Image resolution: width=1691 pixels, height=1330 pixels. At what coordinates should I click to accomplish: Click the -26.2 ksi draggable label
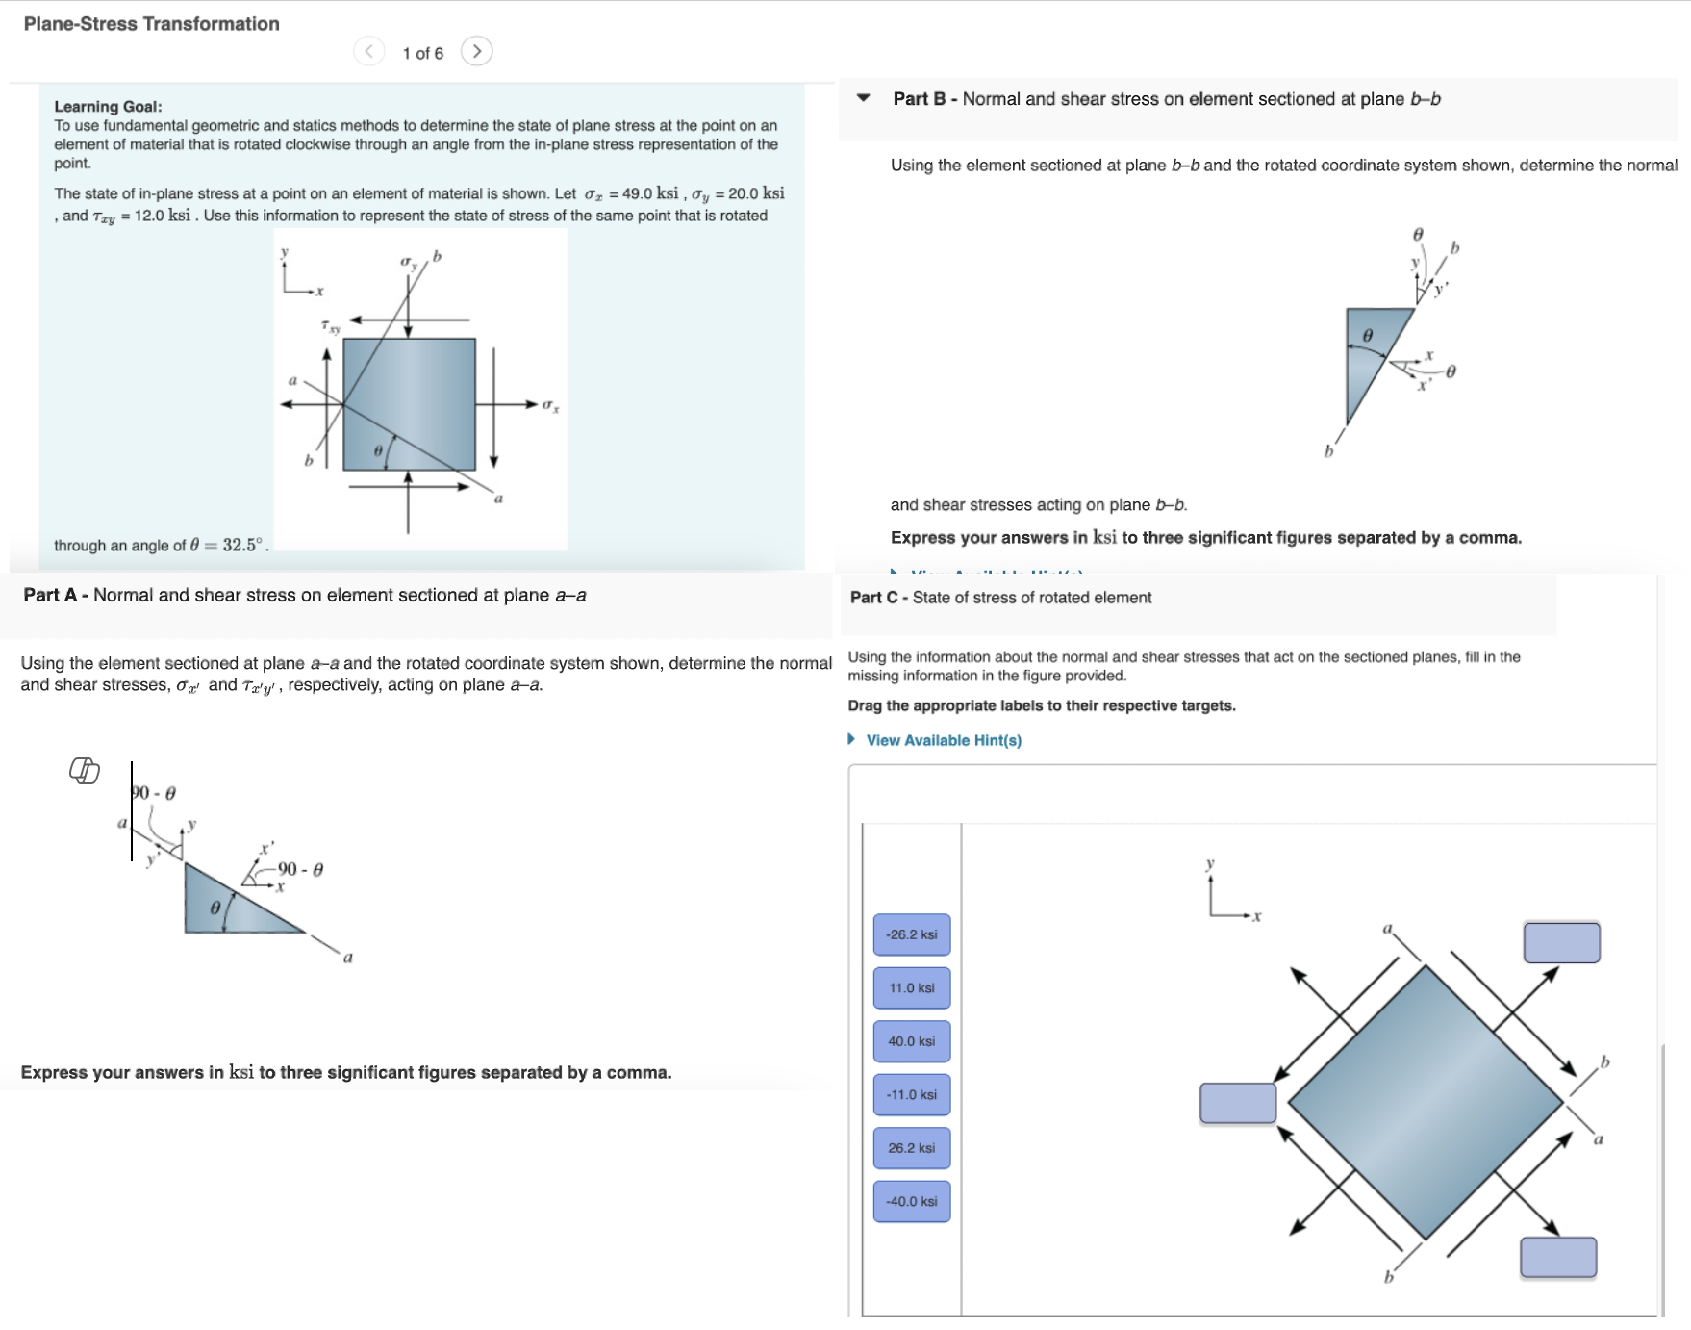pos(911,934)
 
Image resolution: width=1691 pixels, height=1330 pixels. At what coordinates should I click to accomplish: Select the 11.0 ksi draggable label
pos(911,987)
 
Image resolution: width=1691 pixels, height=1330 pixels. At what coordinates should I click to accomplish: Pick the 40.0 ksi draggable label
pos(911,1041)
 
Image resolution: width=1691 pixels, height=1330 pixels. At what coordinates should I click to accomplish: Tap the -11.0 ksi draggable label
pos(911,1094)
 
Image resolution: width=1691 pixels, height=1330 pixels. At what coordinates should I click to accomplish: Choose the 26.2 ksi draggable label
pos(911,1148)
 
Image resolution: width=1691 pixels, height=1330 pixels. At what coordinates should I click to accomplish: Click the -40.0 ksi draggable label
pos(911,1201)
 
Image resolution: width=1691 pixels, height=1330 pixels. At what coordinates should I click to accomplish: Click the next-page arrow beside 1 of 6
pos(476,51)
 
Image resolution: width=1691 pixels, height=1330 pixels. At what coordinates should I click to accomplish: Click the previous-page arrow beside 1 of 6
pos(368,51)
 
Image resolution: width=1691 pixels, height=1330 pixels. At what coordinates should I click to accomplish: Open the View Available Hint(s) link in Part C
pos(943,740)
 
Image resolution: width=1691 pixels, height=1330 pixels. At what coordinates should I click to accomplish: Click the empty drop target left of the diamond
pos(1237,1103)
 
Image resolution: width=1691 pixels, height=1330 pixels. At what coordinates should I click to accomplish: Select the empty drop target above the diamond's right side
pos(1561,942)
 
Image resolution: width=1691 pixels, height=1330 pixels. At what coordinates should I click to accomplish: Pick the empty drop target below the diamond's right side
pos(1557,1257)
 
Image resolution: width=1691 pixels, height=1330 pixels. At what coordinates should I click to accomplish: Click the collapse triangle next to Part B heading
pos(864,98)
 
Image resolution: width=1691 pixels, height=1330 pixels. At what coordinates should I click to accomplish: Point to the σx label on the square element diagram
pos(550,406)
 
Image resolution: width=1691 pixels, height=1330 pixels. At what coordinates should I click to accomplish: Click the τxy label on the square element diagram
pos(330,327)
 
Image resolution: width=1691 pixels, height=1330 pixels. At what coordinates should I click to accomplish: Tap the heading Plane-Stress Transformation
pos(151,24)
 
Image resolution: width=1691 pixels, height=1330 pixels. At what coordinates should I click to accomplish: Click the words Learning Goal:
pos(108,107)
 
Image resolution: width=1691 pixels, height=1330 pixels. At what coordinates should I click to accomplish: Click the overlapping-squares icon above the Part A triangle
pos(85,770)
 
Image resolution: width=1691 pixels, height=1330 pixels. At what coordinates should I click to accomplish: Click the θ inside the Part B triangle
pos(1367,335)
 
